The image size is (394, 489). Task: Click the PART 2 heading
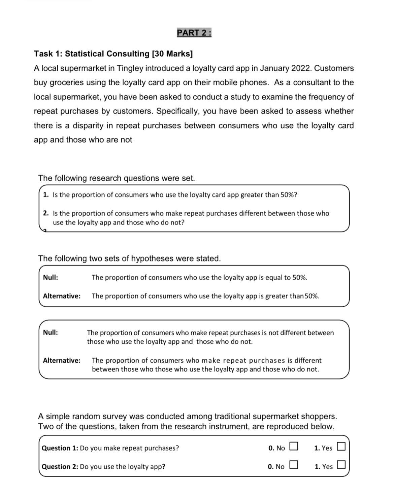(194, 33)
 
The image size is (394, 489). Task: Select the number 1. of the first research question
(46, 195)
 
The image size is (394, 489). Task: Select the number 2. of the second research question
(46, 213)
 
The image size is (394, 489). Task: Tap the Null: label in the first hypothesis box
(51, 277)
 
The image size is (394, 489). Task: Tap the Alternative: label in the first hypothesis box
(62, 296)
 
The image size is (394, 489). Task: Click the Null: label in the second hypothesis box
(51, 332)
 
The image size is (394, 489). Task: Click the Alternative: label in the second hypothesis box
(62, 360)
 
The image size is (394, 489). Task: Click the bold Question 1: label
(60, 448)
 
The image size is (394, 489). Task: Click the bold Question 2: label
(60, 467)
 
